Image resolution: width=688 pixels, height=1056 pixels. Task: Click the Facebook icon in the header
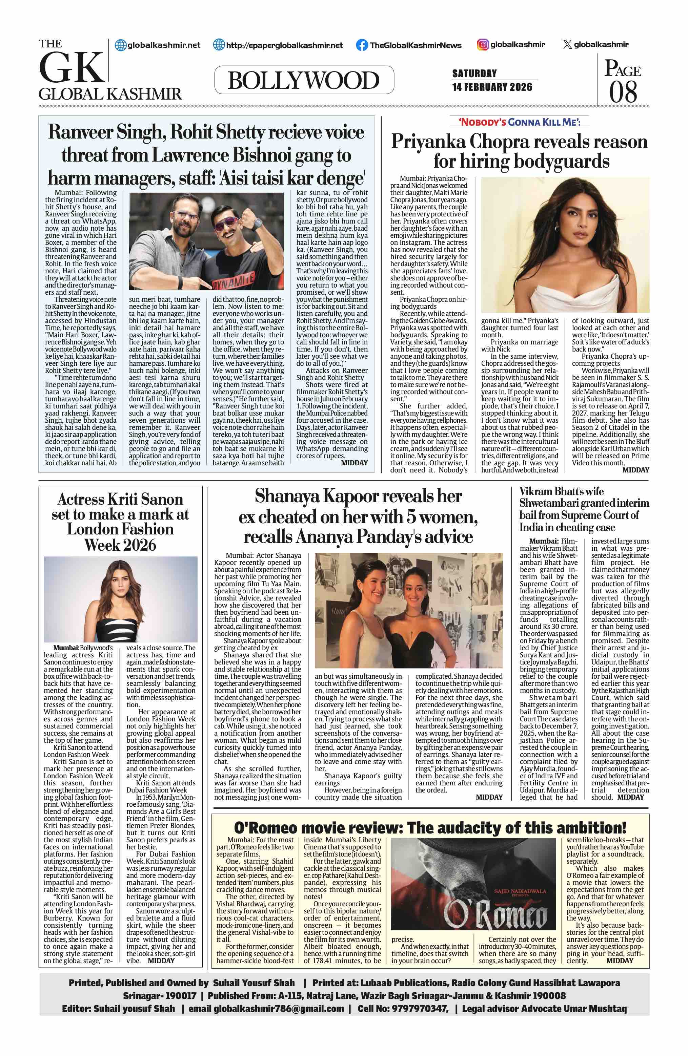click(x=362, y=45)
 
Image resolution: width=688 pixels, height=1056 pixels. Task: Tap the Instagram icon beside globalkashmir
click(x=483, y=44)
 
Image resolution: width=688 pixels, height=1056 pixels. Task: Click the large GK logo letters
click(x=72, y=68)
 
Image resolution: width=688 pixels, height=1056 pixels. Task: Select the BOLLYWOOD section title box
click(x=304, y=80)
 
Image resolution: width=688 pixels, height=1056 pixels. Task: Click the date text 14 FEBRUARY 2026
click(x=492, y=87)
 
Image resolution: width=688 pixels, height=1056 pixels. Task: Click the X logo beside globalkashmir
click(x=567, y=44)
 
